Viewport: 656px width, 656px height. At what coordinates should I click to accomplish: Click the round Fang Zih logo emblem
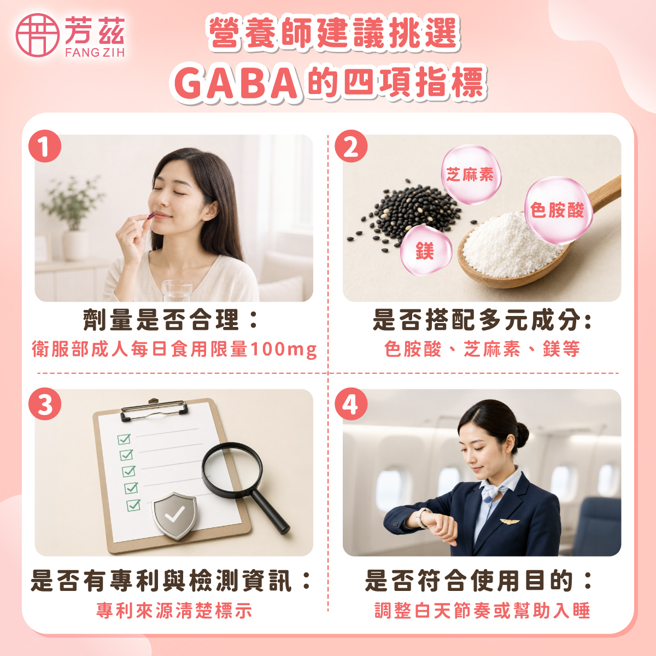pyautogui.click(x=38, y=35)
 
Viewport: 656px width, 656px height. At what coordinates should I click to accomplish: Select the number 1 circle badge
pyautogui.click(x=45, y=146)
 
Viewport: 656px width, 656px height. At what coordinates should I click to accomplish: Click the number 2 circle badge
pyautogui.click(x=352, y=146)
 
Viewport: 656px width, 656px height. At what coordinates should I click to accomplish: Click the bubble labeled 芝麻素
pyautogui.click(x=471, y=175)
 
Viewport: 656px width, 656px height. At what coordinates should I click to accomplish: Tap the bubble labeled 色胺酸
pyautogui.click(x=558, y=210)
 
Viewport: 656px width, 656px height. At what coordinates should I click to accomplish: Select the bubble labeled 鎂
pyautogui.click(x=425, y=251)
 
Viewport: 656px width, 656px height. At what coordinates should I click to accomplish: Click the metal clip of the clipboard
pyautogui.click(x=154, y=409)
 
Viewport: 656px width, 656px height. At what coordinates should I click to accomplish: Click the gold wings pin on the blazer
pyautogui.click(x=509, y=521)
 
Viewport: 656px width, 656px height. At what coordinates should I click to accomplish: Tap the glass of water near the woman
pyautogui.click(x=177, y=290)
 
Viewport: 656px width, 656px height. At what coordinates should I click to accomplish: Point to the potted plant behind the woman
pyautogui.click(x=73, y=218)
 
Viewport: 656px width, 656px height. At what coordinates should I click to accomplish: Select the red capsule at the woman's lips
pyautogui.click(x=151, y=216)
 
